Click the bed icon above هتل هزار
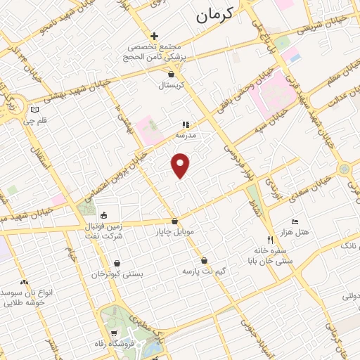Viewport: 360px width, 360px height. coord(294,221)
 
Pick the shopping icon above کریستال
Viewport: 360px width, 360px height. coord(171,72)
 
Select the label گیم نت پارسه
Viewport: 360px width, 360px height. coord(203,270)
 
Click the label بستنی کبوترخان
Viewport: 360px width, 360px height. coord(118,274)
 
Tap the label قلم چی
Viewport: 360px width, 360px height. coord(33,121)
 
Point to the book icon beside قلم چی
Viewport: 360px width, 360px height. coord(36,110)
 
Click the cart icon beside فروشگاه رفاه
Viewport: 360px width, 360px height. coord(115,333)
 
